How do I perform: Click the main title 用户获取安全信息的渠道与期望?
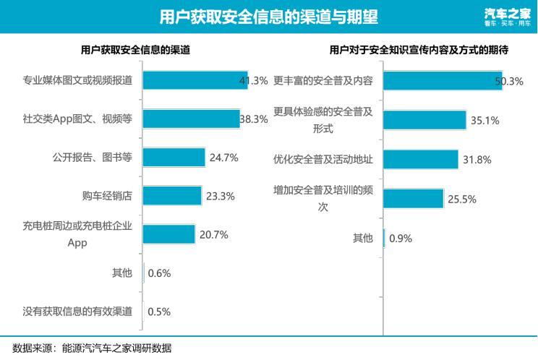pos(268,17)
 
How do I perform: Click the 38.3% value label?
pos(254,119)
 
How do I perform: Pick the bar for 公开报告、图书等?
pos(174,158)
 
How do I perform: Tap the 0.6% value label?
pos(159,273)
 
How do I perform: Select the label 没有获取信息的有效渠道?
pos(77,312)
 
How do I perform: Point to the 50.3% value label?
pos(508,82)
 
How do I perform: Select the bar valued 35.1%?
pos(424,120)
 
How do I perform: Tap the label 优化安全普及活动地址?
pos(323,159)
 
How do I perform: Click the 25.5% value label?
pos(461,200)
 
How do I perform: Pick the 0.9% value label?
pos(401,239)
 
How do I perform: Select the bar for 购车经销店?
pos(172,196)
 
